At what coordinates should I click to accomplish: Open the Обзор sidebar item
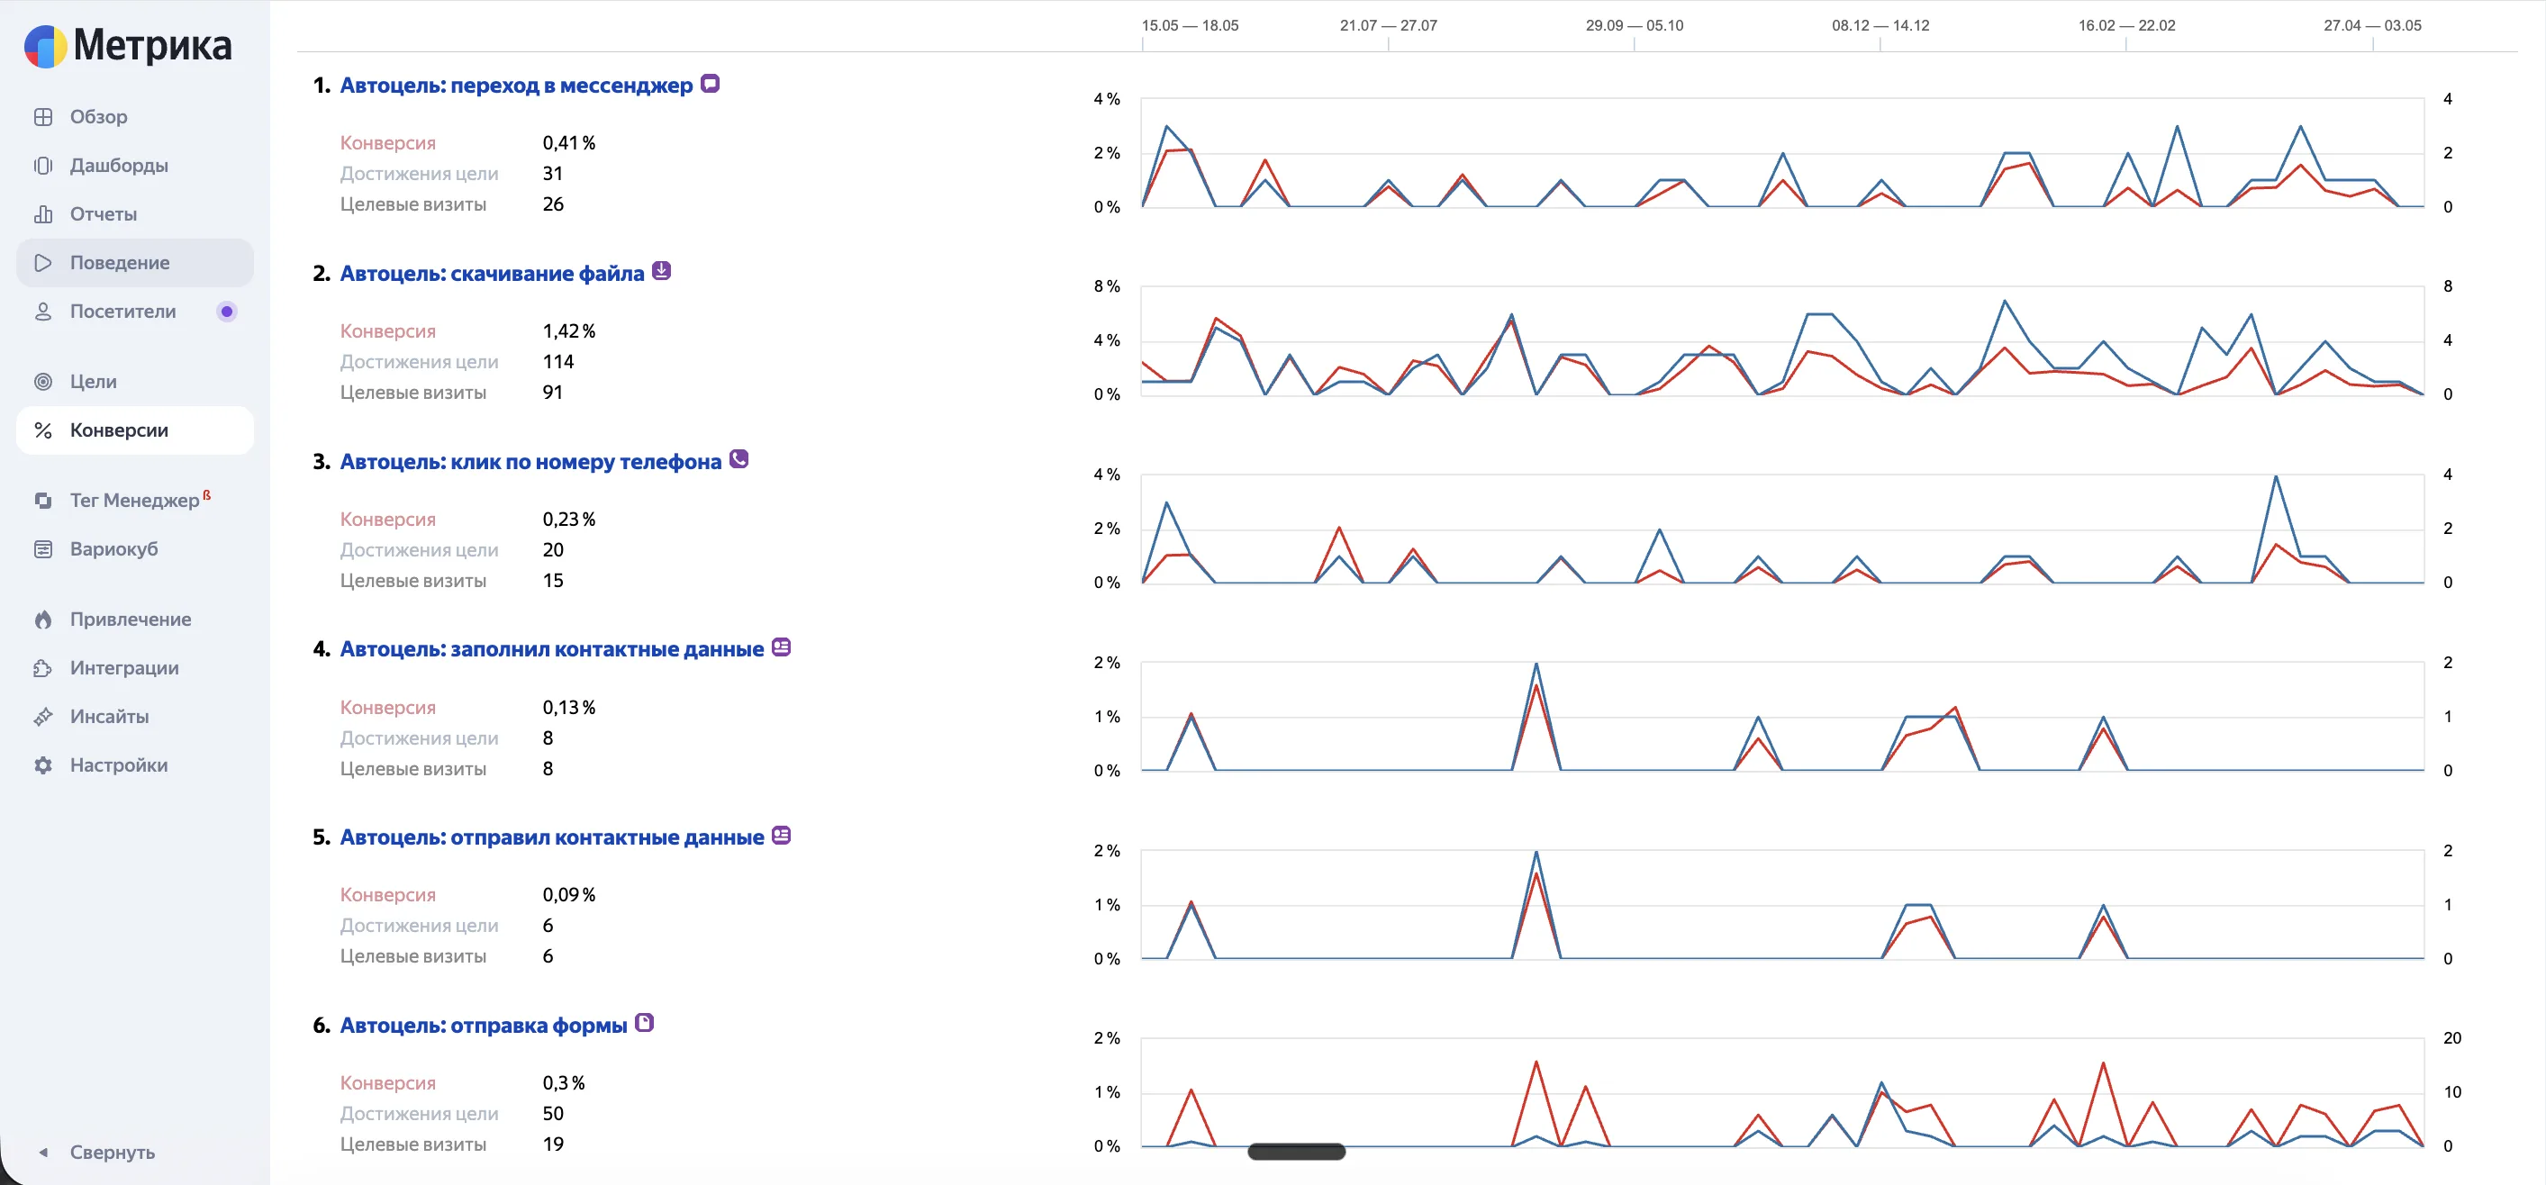[x=98, y=117]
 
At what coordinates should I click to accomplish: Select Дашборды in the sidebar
[x=119, y=165]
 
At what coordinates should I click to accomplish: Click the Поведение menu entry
[x=120, y=263]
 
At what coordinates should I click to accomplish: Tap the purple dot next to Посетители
[x=226, y=312]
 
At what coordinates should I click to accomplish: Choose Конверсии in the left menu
[x=119, y=430]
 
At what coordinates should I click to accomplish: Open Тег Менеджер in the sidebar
[x=134, y=500]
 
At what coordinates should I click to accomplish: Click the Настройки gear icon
[x=42, y=765]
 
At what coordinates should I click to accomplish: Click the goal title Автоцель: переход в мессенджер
[x=516, y=85]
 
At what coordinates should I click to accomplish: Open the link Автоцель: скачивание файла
[x=491, y=274]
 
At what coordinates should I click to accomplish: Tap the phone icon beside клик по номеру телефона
[x=738, y=459]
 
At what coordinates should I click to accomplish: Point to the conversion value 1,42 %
[x=568, y=331]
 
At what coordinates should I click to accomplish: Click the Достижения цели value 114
[x=557, y=362]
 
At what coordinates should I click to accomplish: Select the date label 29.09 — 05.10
[x=1634, y=26]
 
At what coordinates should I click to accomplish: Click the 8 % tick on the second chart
[x=1106, y=286]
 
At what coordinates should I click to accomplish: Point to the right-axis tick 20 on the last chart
[x=2451, y=1037]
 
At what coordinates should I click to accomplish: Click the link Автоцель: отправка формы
[x=484, y=1026]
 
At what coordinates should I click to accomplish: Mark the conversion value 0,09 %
[x=568, y=894]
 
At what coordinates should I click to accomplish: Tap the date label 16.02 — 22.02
[x=2126, y=26]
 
